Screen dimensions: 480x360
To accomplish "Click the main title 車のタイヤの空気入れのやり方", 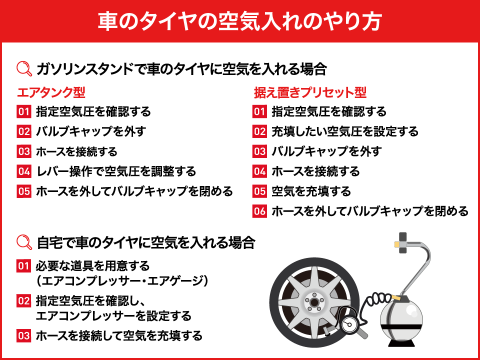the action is (239, 21).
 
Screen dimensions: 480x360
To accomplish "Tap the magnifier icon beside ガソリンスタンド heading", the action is (24, 69).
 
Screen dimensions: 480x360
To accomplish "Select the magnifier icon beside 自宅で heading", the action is (24, 242).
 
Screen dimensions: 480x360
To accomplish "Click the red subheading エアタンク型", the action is (51, 92).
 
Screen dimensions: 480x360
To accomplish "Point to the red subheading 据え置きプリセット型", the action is (310, 92).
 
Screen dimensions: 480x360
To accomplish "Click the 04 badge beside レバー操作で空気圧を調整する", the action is (24, 171).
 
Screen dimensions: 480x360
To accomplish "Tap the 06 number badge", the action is (260, 211).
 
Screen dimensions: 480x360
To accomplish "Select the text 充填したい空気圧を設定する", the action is (345, 131).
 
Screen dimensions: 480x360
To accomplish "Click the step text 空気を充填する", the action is (311, 191).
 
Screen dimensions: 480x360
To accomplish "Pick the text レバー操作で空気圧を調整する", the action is (116, 171).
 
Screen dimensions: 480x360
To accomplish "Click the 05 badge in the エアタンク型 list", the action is (24, 191).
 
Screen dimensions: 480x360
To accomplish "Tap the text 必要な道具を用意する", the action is (93, 265).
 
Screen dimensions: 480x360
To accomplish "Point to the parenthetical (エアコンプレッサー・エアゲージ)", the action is (122, 280).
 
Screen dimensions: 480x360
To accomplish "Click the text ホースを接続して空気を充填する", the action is (119, 335).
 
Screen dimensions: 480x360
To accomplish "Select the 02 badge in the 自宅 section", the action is (24, 301).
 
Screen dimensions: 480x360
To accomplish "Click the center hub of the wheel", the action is (314, 302).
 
